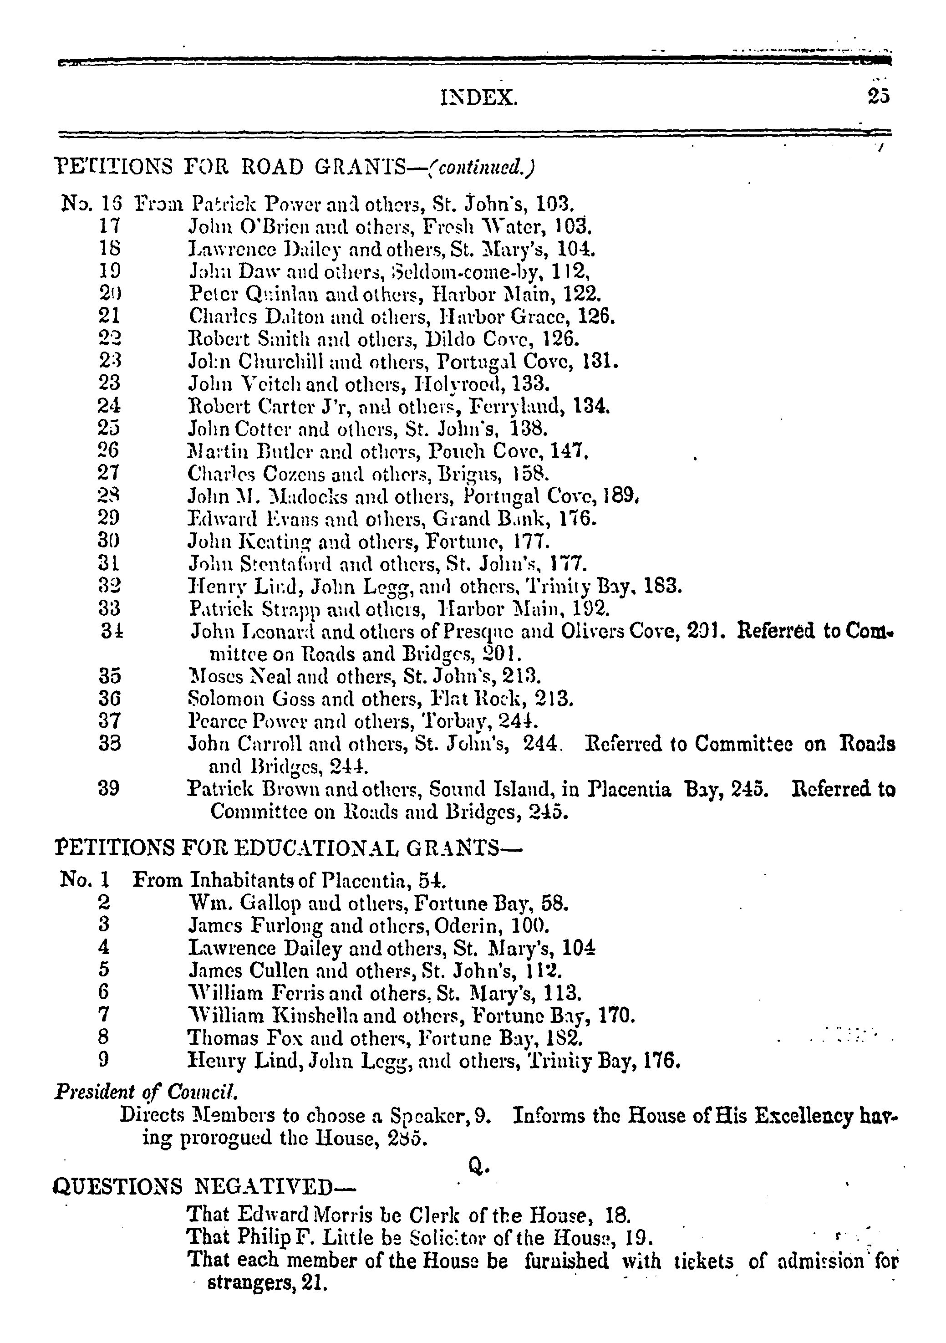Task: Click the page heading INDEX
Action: pyautogui.click(x=478, y=97)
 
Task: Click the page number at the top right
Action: pyautogui.click(x=878, y=96)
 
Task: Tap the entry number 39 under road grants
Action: pyautogui.click(x=109, y=789)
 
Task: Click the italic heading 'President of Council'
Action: pyautogui.click(x=146, y=1092)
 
